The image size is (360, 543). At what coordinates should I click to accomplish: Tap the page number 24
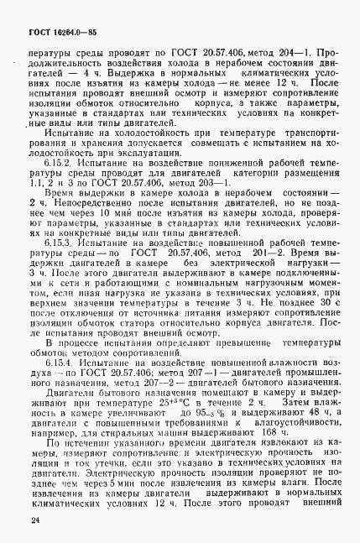pos(33,521)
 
